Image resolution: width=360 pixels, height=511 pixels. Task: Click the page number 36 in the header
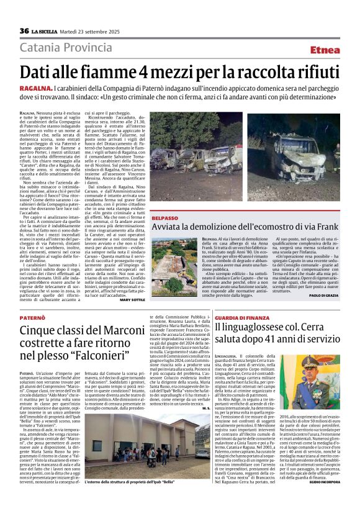click(25, 31)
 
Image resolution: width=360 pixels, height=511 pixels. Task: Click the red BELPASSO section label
click(164, 219)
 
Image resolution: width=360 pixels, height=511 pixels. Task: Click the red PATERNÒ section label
click(32, 317)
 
